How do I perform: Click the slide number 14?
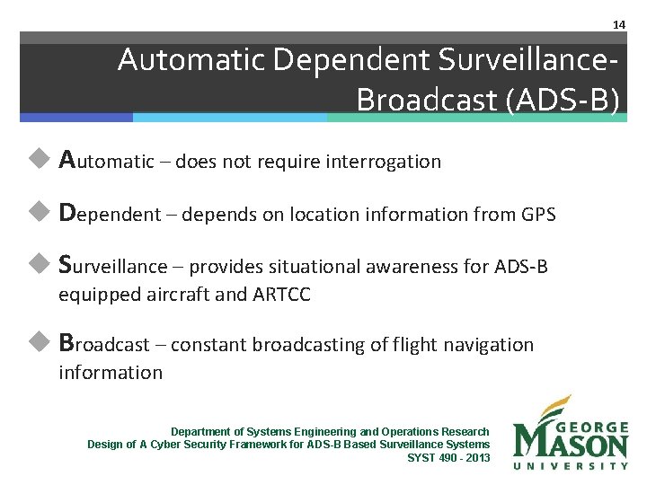(x=618, y=24)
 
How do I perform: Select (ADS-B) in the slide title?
(x=563, y=100)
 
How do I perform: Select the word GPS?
(x=538, y=215)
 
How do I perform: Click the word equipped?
(x=94, y=295)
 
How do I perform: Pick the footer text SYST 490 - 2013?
(x=448, y=457)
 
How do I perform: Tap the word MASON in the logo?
(x=572, y=444)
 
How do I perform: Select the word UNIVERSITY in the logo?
(x=572, y=465)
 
